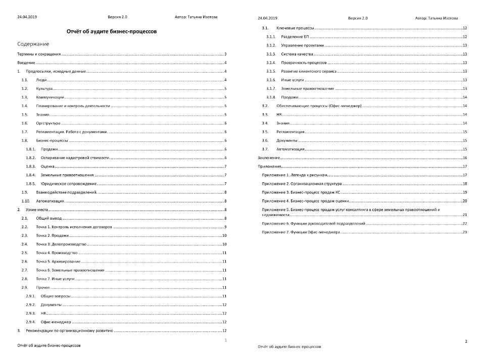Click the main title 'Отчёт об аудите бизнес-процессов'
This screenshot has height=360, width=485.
(x=111, y=31)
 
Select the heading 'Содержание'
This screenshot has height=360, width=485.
(x=33, y=44)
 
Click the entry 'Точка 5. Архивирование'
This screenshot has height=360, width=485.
(x=58, y=262)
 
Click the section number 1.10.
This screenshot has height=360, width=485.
(x=26, y=201)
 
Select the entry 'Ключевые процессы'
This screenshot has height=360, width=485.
(x=295, y=28)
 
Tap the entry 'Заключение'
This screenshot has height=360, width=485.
(x=269, y=158)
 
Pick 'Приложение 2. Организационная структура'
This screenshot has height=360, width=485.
(x=302, y=184)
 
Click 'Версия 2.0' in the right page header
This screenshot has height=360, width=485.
(x=358, y=18)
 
